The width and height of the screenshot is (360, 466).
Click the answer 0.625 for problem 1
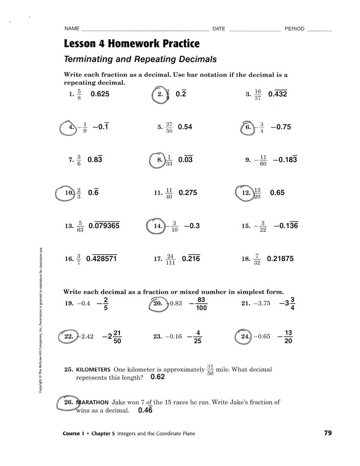(100, 94)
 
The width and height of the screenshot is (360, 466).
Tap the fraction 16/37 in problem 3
(258, 95)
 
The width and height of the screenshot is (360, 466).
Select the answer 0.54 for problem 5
(185, 127)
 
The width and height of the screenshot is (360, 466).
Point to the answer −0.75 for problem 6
(280, 127)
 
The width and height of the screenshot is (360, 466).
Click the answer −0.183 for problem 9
(285, 160)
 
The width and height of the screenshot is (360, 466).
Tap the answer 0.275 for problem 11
(188, 193)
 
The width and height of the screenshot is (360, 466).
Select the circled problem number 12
(246, 193)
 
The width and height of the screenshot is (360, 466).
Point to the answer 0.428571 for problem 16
(101, 259)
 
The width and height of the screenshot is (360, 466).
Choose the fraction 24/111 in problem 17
(170, 259)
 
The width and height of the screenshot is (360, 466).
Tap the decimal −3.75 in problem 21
(262, 303)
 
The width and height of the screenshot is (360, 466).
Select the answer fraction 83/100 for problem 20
(201, 304)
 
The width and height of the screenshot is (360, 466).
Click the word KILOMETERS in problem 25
(92, 370)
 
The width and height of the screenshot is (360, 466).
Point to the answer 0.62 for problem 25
(157, 377)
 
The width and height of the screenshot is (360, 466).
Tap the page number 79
(328, 433)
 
